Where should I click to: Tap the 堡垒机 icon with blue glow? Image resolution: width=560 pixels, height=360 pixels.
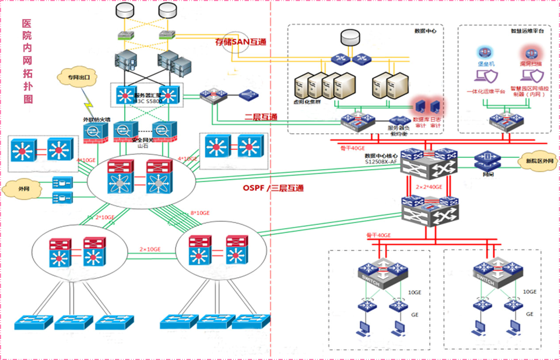coord(483,53)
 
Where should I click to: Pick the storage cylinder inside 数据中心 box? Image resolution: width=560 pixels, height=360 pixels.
coord(350,37)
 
